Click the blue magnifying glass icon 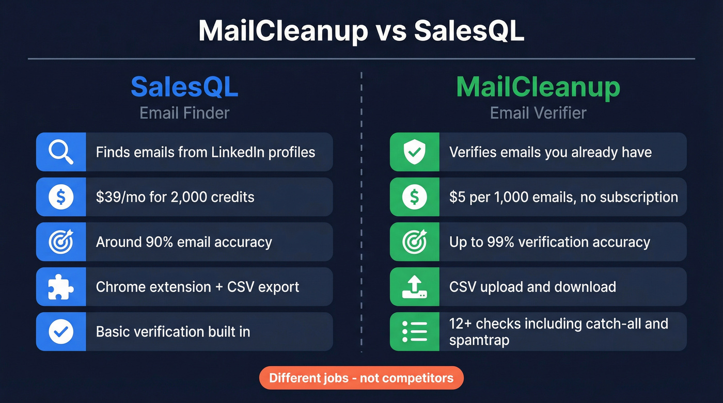click(61, 152)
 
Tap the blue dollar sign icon click(61, 197)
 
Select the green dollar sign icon click(414, 197)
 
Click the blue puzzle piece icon click(61, 286)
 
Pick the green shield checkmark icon click(414, 152)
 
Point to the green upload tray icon click(414, 286)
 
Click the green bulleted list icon click(414, 331)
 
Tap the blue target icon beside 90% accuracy click(61, 241)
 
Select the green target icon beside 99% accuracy click(414, 241)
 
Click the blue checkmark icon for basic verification click(61, 331)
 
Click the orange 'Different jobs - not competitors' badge click(361, 378)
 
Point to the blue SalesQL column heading click(184, 87)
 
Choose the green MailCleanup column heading click(538, 87)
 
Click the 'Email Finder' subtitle click(184, 113)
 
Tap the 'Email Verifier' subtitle click(538, 113)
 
